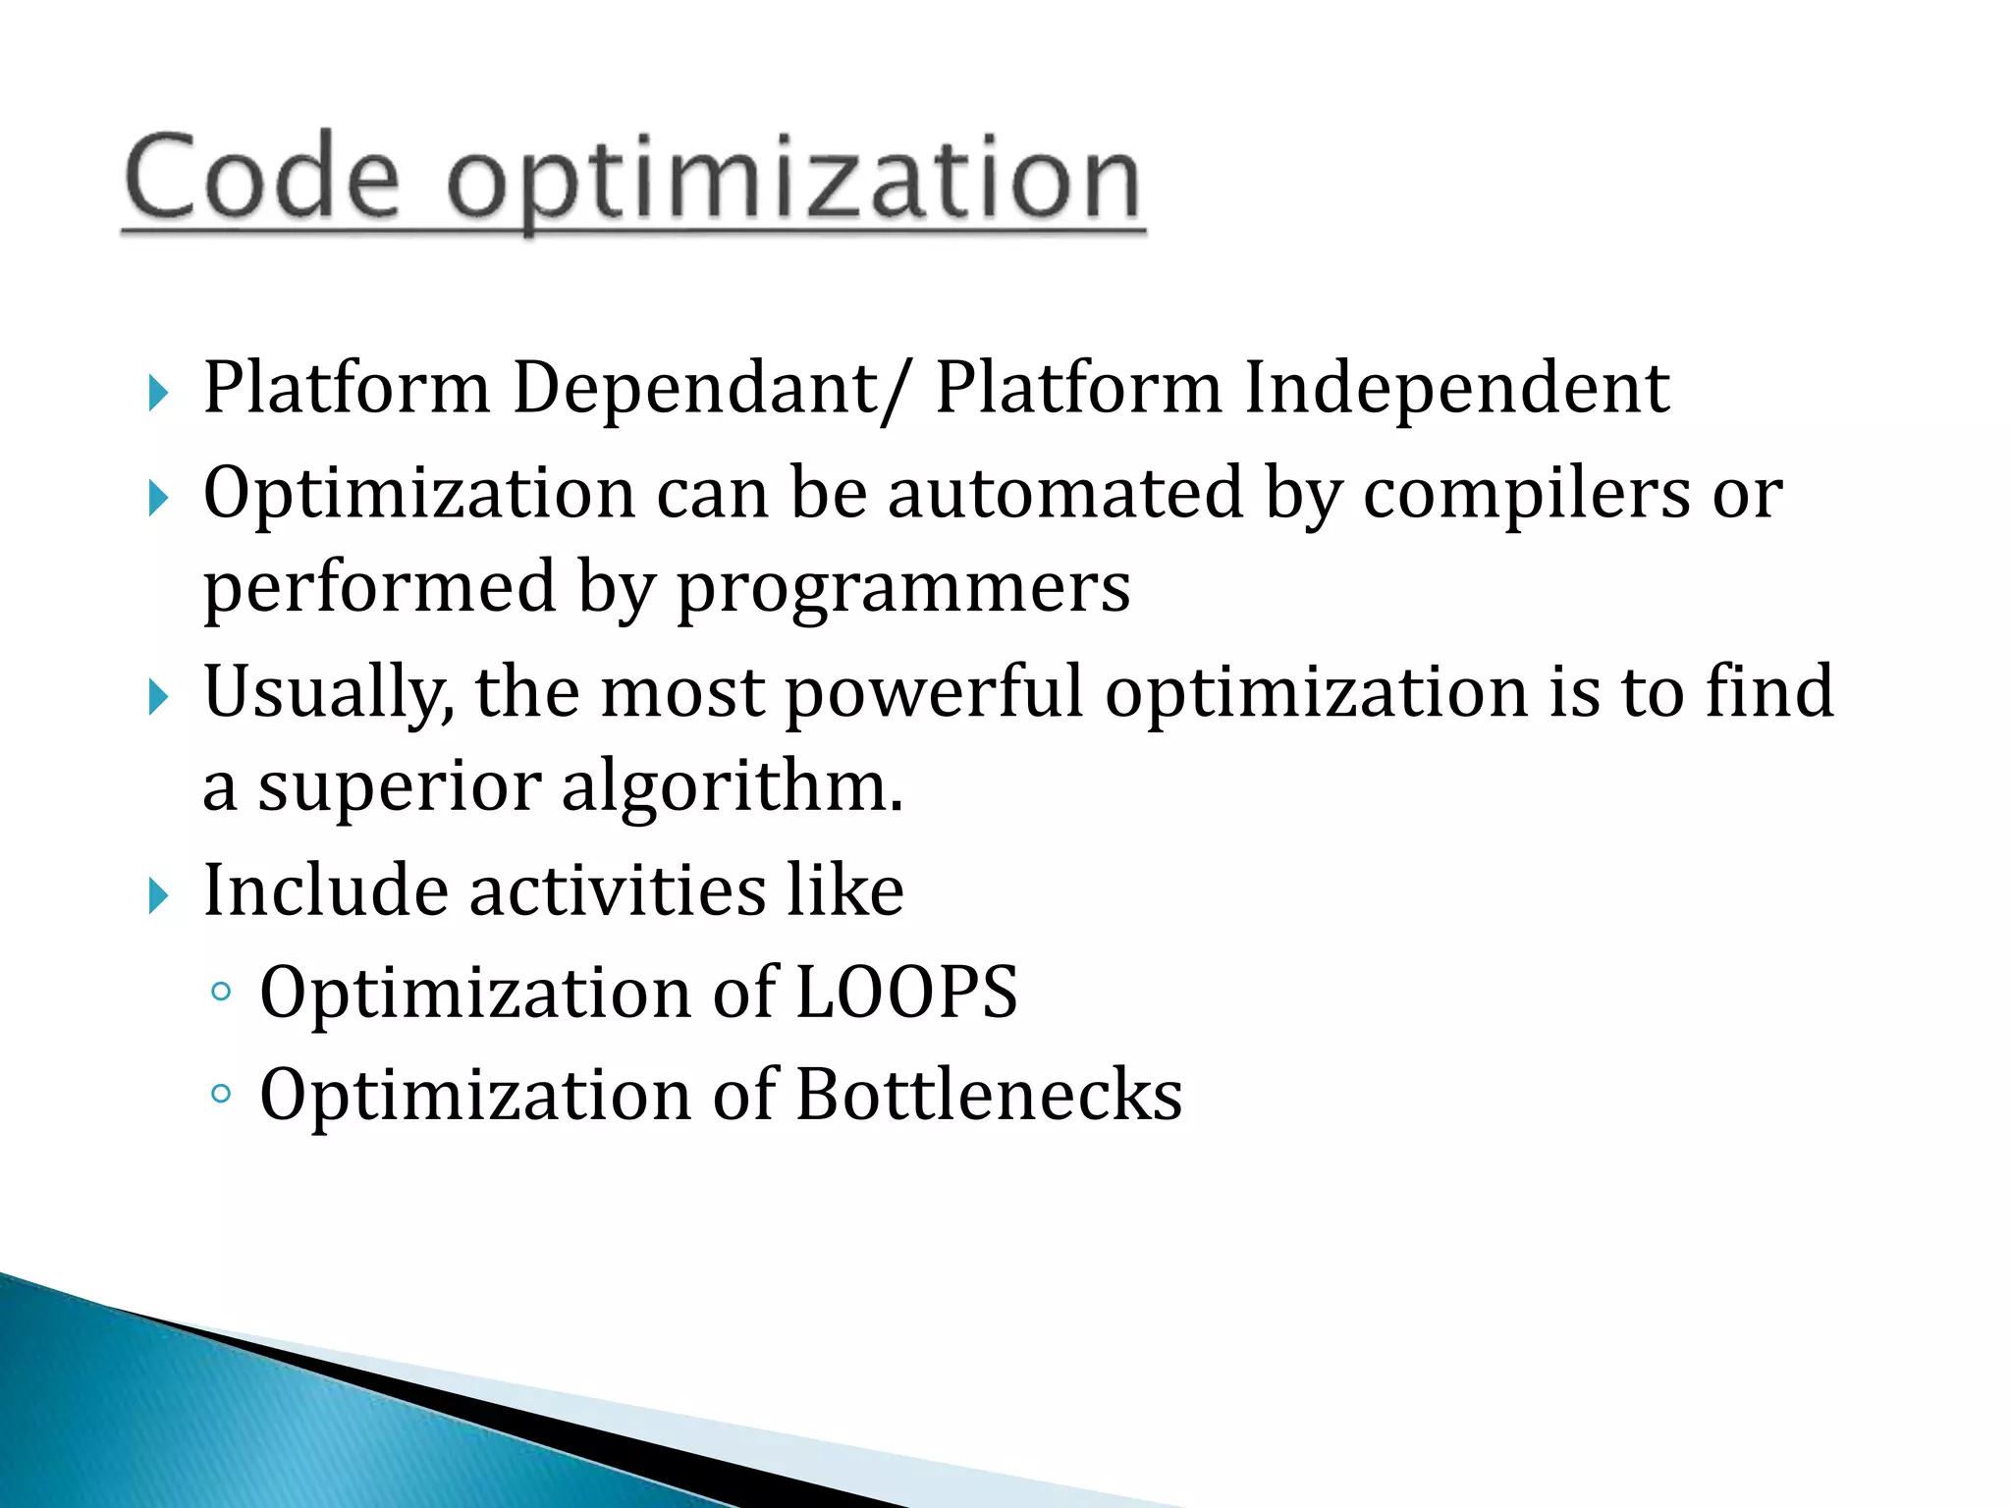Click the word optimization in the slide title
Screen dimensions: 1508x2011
793,182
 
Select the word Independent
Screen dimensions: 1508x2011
1457,389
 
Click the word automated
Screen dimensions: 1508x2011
1065,492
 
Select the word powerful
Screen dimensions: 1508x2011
934,693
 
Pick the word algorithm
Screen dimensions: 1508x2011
731,787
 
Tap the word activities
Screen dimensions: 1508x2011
618,890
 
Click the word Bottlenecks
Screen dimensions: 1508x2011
989,1096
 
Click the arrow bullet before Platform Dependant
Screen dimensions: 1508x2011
158,394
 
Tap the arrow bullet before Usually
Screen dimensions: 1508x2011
158,698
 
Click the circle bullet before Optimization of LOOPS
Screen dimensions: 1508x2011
221,993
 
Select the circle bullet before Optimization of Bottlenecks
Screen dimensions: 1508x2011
221,1094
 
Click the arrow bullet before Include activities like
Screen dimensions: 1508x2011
158,895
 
